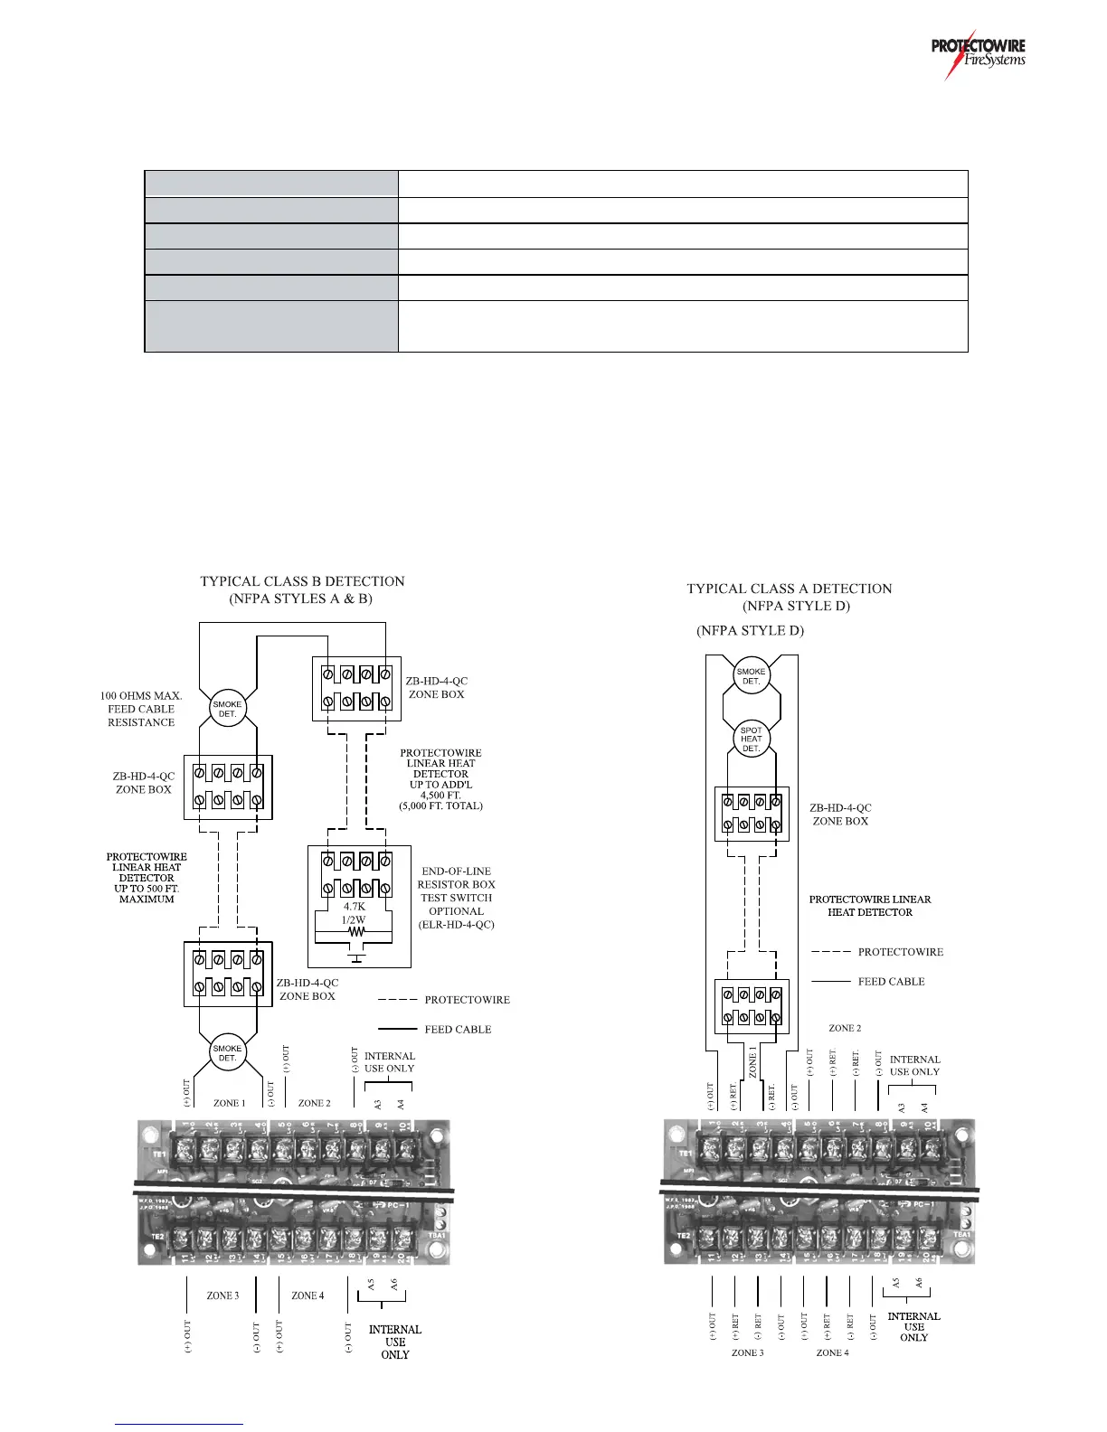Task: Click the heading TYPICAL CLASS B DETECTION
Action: [302, 581]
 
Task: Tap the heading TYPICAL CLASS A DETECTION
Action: [789, 589]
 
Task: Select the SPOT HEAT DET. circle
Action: [752, 739]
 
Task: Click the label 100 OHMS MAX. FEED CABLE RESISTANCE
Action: [141, 709]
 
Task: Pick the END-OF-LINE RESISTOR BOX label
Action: [456, 878]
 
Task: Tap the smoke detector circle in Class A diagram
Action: [752, 676]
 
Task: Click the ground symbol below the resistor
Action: [356, 957]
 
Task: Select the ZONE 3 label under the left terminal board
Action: [222, 1295]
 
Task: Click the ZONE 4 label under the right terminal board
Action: [832, 1352]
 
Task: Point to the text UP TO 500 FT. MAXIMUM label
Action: [147, 893]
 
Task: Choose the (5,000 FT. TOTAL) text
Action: [440, 805]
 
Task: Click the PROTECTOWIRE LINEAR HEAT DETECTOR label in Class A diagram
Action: [869, 906]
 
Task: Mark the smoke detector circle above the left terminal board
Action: [227, 1053]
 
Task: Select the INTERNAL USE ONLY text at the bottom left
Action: [394, 1342]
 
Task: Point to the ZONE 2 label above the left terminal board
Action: [314, 1103]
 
